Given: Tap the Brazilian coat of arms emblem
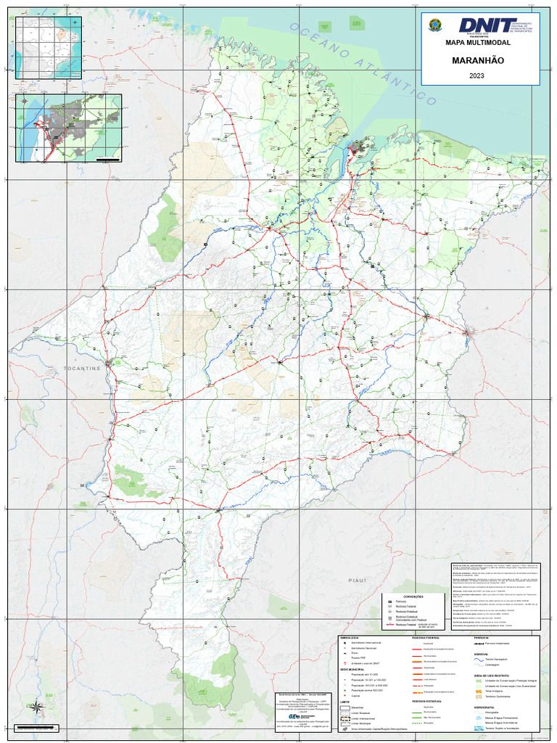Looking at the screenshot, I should coord(435,25).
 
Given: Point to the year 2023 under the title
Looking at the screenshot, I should coord(477,75).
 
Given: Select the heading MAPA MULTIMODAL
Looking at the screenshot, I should coord(478,44).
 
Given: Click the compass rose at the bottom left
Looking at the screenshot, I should coord(36,705).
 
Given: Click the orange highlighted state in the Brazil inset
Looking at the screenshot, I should coord(73,34).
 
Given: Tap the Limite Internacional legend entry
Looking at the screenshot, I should coord(363,718).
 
